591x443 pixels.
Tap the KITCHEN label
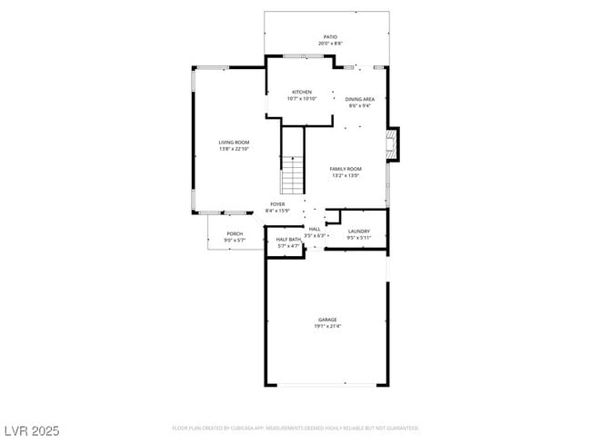click(301, 92)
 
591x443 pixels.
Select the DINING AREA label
click(361, 99)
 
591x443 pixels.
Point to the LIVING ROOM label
click(234, 143)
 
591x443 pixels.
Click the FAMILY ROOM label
click(346, 169)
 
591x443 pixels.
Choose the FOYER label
click(277, 204)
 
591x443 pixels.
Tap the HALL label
click(315, 229)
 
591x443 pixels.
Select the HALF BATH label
click(288, 240)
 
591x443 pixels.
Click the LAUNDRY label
click(359, 231)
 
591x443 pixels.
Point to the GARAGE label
click(327, 320)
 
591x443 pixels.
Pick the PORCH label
click(235, 233)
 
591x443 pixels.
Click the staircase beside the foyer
click(291, 172)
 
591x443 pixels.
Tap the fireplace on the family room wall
click(392, 143)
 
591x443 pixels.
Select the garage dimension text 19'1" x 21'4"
click(327, 326)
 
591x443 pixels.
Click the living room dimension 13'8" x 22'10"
click(234, 149)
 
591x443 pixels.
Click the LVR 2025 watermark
click(32, 430)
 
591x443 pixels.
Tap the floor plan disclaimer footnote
click(295, 428)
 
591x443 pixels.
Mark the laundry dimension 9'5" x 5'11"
click(359, 238)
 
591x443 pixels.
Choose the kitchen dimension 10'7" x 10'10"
click(301, 98)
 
